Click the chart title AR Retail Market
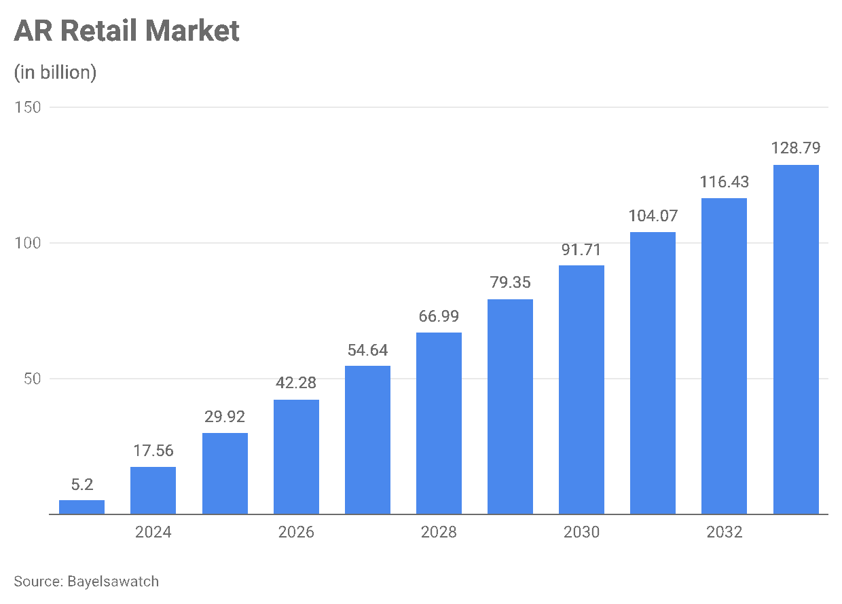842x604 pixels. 126,31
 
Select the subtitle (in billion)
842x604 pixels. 55,73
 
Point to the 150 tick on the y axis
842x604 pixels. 28,107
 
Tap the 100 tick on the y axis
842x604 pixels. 28,243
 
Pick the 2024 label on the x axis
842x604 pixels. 153,532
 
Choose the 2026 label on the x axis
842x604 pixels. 296,532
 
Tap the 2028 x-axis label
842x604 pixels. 439,532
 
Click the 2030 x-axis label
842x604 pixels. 581,532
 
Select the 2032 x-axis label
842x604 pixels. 725,532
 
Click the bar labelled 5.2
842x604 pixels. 81,508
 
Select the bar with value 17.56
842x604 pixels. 153,491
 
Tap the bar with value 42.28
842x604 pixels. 296,457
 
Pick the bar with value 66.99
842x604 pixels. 439,423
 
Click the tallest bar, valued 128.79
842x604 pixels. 796,339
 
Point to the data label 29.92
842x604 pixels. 225,417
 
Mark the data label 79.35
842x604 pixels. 510,282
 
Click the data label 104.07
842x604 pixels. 653,216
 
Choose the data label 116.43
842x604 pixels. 724,182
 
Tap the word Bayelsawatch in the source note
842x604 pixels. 113,582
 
